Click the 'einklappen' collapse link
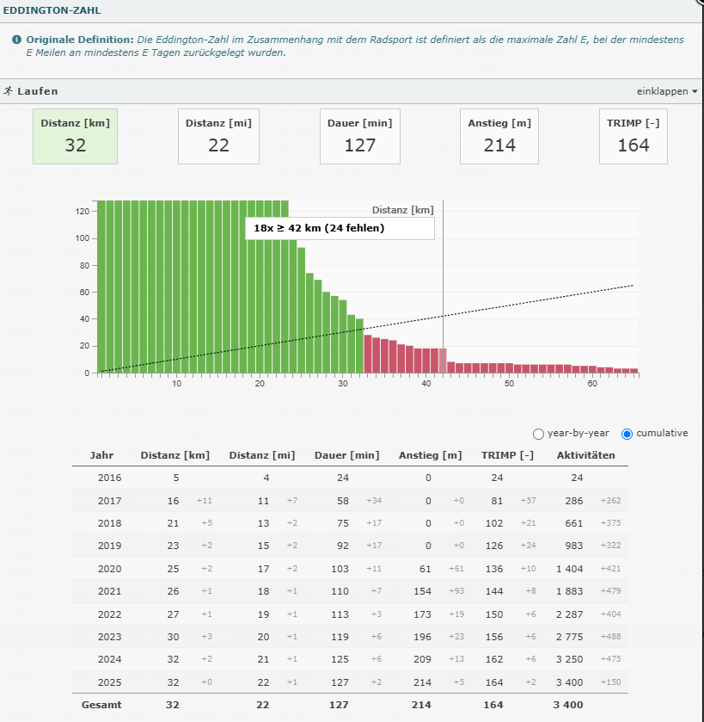point(667,91)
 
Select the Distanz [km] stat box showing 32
point(76,136)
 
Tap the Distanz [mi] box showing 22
point(218,136)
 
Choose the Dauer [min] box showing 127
point(359,136)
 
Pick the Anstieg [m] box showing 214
point(499,136)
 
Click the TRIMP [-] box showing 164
point(634,136)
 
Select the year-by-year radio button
point(539,434)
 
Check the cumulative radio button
point(627,434)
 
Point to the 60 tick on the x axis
point(591,384)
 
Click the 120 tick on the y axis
point(84,211)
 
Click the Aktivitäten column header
point(586,455)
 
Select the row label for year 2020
point(110,568)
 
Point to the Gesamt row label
point(101,705)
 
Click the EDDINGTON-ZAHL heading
point(52,11)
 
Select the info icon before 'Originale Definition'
point(16,40)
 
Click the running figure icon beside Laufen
point(8,90)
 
